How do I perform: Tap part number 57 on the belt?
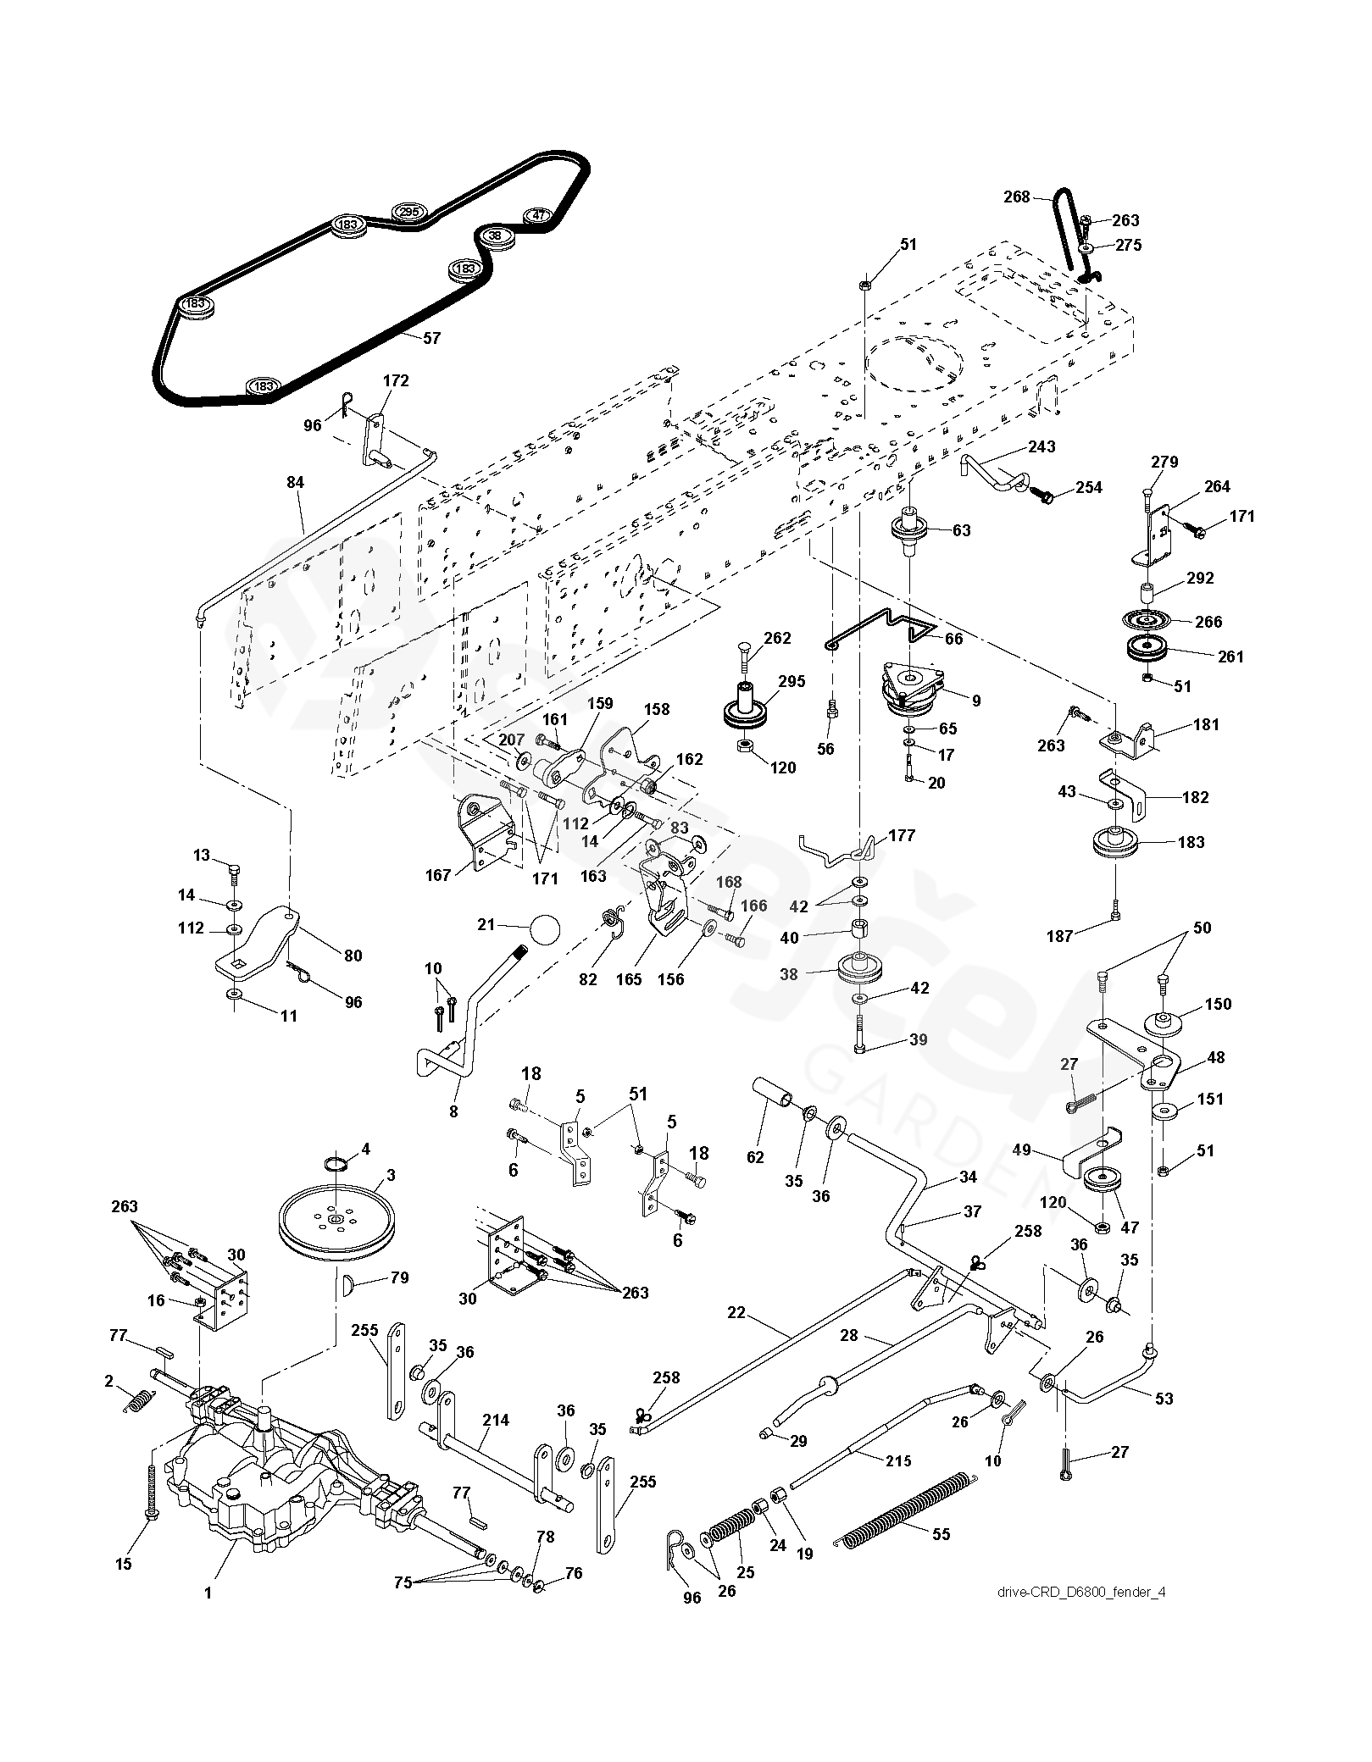(x=431, y=338)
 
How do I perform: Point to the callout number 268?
(x=1017, y=197)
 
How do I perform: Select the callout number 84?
(x=295, y=483)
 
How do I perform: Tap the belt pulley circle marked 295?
(x=409, y=212)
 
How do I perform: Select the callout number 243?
(x=1041, y=446)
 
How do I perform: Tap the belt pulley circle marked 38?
(x=497, y=235)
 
